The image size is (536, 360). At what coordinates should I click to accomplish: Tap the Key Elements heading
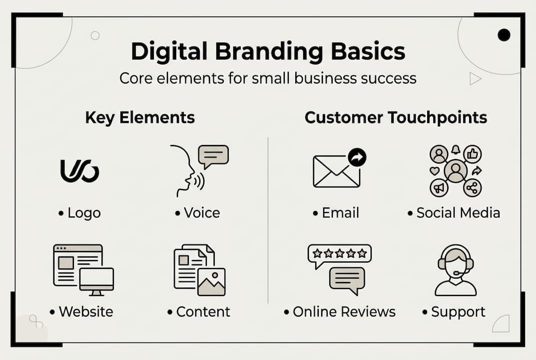(140, 117)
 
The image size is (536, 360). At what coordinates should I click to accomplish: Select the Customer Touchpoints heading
(396, 117)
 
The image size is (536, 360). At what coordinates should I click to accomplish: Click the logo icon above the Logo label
(79, 171)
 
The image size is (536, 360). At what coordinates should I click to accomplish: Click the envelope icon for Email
(336, 171)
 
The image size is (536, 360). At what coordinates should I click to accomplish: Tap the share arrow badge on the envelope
(357, 157)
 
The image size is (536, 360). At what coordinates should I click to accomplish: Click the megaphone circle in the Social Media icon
(439, 188)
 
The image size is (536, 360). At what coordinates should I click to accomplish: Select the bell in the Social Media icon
(455, 149)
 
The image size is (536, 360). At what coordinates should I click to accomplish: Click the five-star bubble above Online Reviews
(340, 254)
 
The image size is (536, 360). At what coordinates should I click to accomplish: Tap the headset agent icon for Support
(456, 270)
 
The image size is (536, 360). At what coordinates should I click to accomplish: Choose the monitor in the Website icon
(96, 280)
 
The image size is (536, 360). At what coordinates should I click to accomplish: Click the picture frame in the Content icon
(211, 282)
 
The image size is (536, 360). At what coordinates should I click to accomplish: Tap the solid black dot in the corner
(504, 35)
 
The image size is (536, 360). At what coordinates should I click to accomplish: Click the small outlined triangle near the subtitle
(475, 78)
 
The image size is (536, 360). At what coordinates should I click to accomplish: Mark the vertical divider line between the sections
(268, 220)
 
